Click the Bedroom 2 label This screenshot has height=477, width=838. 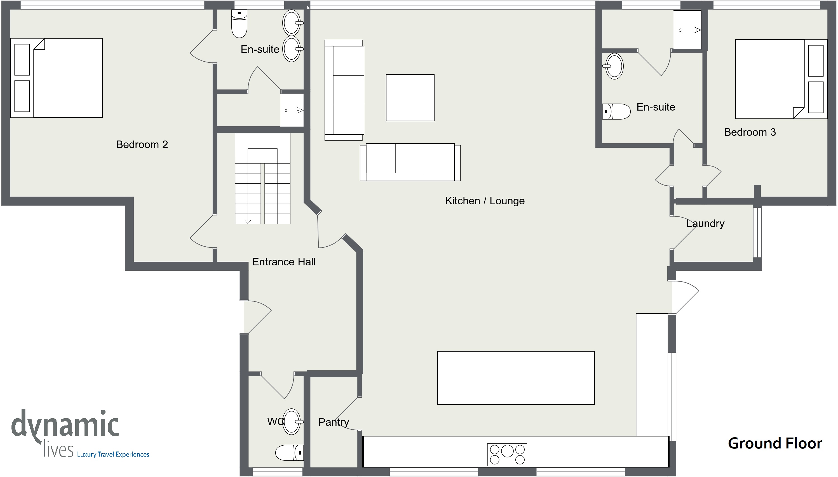[142, 144]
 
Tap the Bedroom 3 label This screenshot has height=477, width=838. [750, 132]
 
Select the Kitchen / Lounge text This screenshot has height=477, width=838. [485, 200]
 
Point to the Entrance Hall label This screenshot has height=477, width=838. [284, 262]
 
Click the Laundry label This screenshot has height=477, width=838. [705, 223]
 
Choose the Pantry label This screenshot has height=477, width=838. [334, 422]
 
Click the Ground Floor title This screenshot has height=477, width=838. [775, 443]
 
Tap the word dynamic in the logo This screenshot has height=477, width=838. [65, 425]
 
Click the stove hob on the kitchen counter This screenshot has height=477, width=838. [507, 455]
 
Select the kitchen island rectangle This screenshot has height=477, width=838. [516, 378]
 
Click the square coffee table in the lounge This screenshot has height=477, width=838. [410, 98]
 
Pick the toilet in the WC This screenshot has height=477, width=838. [290, 453]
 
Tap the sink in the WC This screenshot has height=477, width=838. [292, 422]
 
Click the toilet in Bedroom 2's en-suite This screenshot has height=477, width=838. [240, 24]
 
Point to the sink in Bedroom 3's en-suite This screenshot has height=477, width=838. [613, 66]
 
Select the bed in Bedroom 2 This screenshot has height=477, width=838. [57, 78]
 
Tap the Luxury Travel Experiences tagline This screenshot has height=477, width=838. [113, 454]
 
